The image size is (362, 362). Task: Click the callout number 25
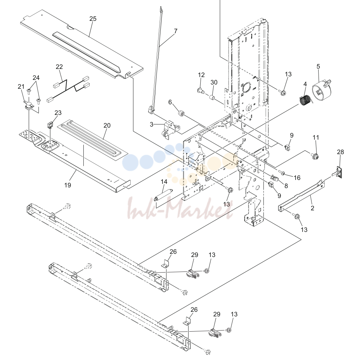(93, 19)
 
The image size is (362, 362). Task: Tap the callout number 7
(176, 31)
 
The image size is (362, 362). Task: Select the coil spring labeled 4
(305, 100)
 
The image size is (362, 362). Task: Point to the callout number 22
(59, 66)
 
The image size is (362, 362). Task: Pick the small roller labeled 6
(181, 113)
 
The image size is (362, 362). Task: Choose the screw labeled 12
(201, 90)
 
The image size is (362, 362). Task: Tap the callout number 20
(107, 125)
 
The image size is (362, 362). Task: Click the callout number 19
(68, 185)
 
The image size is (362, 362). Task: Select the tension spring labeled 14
(164, 195)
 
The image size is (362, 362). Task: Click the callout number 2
(312, 208)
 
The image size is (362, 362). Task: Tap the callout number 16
(297, 177)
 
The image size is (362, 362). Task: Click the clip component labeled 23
(50, 125)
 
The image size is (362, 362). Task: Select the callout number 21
(21, 87)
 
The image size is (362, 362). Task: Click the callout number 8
(286, 186)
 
